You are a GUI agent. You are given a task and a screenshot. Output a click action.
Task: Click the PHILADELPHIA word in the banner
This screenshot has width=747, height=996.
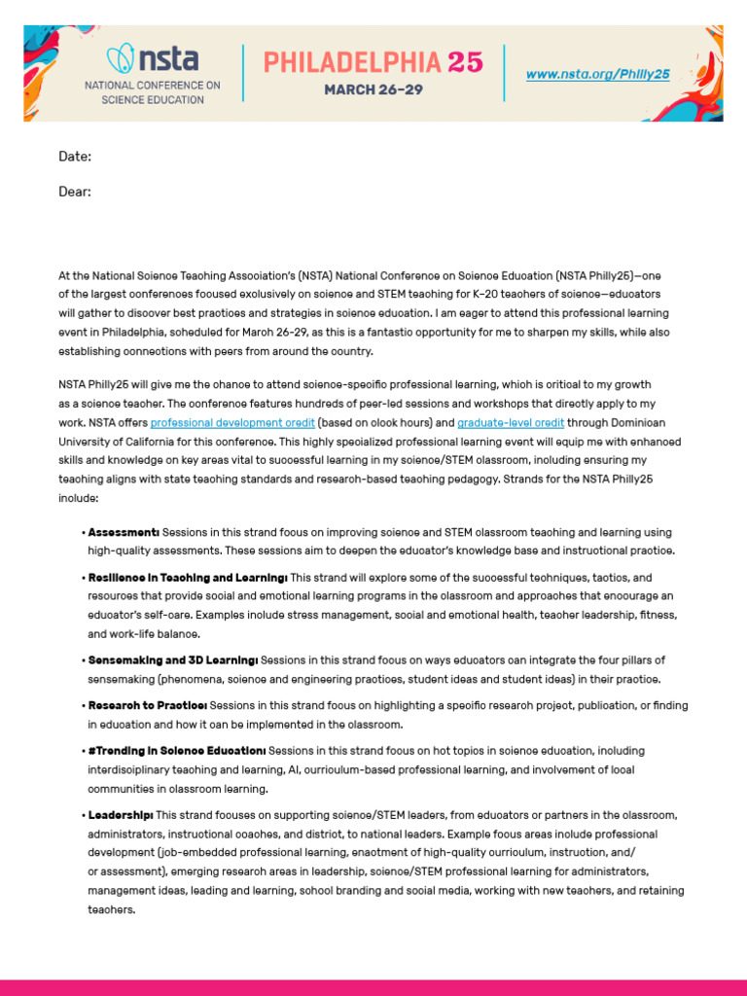click(x=352, y=62)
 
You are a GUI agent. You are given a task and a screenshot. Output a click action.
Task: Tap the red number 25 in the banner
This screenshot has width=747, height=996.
click(x=465, y=62)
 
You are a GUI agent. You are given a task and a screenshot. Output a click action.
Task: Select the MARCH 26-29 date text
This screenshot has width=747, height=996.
click(x=373, y=89)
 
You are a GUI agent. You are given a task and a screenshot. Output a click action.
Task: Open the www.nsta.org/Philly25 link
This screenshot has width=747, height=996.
click(x=597, y=74)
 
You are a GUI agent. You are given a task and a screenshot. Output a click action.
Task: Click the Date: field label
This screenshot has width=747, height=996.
click(x=75, y=157)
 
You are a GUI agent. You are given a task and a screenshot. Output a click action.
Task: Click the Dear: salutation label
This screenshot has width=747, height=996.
click(x=75, y=192)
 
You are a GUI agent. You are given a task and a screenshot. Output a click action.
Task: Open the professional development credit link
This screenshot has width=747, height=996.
click(x=232, y=422)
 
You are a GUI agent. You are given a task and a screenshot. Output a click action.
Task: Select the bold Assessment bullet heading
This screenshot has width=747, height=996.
click(x=124, y=533)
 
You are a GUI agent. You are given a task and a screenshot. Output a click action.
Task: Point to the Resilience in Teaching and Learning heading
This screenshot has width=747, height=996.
click(x=188, y=577)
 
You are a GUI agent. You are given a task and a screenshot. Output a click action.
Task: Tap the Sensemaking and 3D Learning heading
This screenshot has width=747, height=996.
click(x=172, y=659)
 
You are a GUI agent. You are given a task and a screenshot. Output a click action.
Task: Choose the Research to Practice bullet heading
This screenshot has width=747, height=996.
click(x=147, y=704)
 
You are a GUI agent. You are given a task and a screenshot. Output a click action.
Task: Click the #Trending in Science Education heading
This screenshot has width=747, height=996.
click(x=176, y=751)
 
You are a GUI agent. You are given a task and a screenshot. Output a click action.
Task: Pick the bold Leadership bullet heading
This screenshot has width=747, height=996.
click(x=121, y=814)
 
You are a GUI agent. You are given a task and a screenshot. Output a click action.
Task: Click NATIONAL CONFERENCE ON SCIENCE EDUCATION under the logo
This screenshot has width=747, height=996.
click(x=151, y=92)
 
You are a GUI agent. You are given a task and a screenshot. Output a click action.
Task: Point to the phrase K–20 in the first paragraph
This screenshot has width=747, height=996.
click(x=484, y=295)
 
